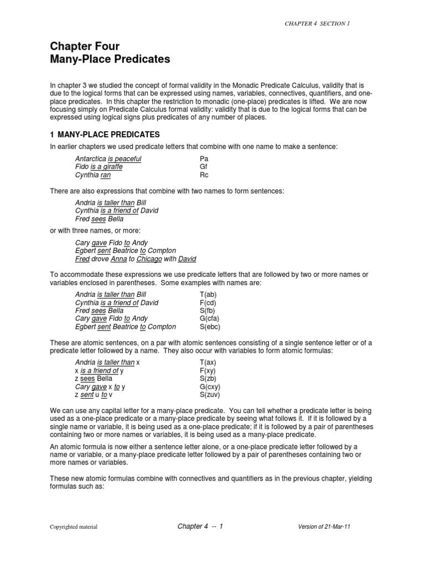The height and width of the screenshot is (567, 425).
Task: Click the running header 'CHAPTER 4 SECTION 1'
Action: [317, 24]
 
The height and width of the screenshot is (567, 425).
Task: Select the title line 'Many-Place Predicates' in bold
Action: [110, 59]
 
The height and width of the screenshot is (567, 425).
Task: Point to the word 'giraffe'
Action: [111, 167]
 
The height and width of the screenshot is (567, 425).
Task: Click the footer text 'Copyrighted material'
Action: [74, 527]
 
